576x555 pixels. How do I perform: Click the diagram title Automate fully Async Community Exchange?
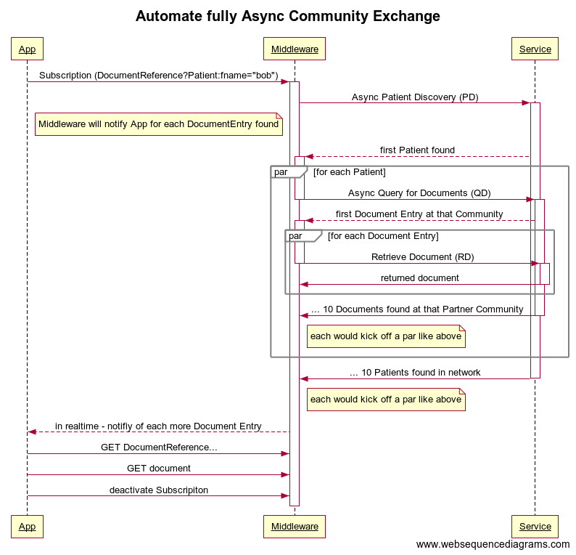click(x=287, y=16)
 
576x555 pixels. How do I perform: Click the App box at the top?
click(x=27, y=49)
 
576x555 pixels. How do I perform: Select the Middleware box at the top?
click(x=295, y=49)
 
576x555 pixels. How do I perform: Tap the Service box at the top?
click(x=535, y=49)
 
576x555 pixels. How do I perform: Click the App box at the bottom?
click(x=27, y=526)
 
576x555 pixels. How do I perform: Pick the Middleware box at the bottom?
click(x=295, y=526)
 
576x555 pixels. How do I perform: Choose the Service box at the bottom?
click(x=535, y=526)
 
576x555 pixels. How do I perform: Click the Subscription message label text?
click(x=158, y=75)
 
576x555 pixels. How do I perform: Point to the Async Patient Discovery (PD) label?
click(x=415, y=97)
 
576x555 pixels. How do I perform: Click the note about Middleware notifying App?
click(x=158, y=124)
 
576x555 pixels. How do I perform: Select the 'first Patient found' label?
click(x=417, y=150)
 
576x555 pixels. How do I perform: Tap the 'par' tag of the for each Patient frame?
click(x=281, y=172)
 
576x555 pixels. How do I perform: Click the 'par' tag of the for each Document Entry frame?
click(x=296, y=236)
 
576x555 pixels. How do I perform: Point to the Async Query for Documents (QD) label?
click(x=419, y=193)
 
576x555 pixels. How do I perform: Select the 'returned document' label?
click(x=420, y=277)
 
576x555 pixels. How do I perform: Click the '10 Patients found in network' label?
click(x=415, y=372)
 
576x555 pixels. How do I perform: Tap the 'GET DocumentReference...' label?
click(x=159, y=447)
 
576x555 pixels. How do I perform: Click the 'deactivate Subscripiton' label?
click(x=159, y=490)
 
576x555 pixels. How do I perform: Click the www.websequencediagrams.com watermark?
click(x=493, y=544)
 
